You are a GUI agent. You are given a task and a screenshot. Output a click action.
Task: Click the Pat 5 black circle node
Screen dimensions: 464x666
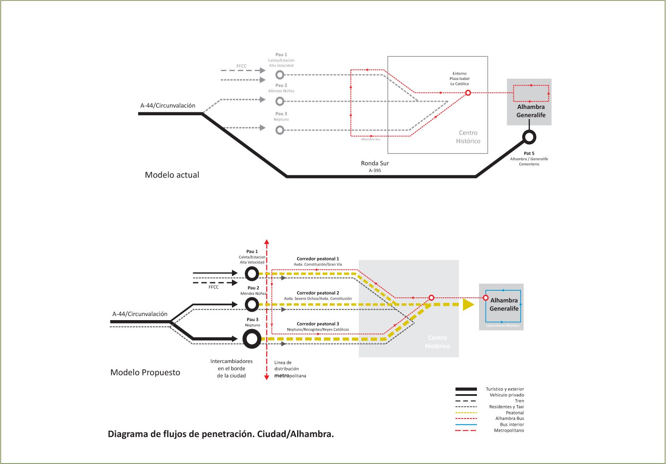529,137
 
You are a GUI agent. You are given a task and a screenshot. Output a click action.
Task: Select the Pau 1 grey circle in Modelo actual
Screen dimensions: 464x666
280,75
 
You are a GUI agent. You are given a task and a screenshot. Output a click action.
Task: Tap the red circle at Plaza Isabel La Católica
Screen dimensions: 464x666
468,93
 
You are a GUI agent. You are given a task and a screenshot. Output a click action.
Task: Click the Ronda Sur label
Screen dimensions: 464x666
375,163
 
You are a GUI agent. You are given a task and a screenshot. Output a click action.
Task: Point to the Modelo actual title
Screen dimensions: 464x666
172,175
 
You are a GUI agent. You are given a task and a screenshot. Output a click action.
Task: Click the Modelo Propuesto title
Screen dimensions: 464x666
145,372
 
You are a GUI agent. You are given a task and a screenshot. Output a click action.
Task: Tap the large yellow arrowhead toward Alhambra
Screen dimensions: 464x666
468,304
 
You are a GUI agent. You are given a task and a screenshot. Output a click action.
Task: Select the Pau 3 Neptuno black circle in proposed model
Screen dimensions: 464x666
252,339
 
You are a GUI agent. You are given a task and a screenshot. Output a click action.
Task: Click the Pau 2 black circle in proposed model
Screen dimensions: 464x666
252,304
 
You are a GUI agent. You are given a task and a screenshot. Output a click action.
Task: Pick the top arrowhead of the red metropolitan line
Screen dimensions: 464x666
266,242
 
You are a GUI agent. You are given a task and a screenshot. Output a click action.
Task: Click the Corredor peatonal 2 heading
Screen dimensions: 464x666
318,293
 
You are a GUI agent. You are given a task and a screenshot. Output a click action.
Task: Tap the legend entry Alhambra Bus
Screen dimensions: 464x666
509,419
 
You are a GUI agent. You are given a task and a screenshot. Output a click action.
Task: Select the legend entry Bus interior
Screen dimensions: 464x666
512,424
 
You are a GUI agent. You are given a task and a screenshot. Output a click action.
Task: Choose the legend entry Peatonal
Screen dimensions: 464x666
515,413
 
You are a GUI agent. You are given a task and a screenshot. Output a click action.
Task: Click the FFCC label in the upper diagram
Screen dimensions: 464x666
242,66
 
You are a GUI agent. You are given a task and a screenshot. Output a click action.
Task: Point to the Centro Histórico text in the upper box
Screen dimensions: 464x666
468,137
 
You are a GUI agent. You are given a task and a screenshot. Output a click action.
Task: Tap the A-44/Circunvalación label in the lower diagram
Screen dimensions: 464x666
140,314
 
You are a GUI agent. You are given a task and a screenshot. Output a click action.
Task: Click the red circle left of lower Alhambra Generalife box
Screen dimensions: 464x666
485,298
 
